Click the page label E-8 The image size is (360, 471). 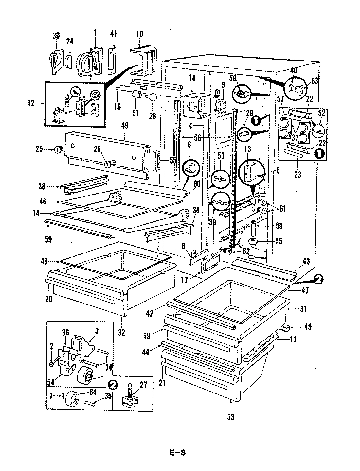tap(177, 453)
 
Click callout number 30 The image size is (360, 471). tap(56, 35)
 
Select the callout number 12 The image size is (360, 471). tap(31, 104)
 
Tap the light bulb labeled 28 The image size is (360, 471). tap(153, 97)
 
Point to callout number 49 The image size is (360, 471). tap(124, 125)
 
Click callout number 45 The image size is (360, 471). tap(307, 326)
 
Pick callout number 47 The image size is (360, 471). tap(305, 290)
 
